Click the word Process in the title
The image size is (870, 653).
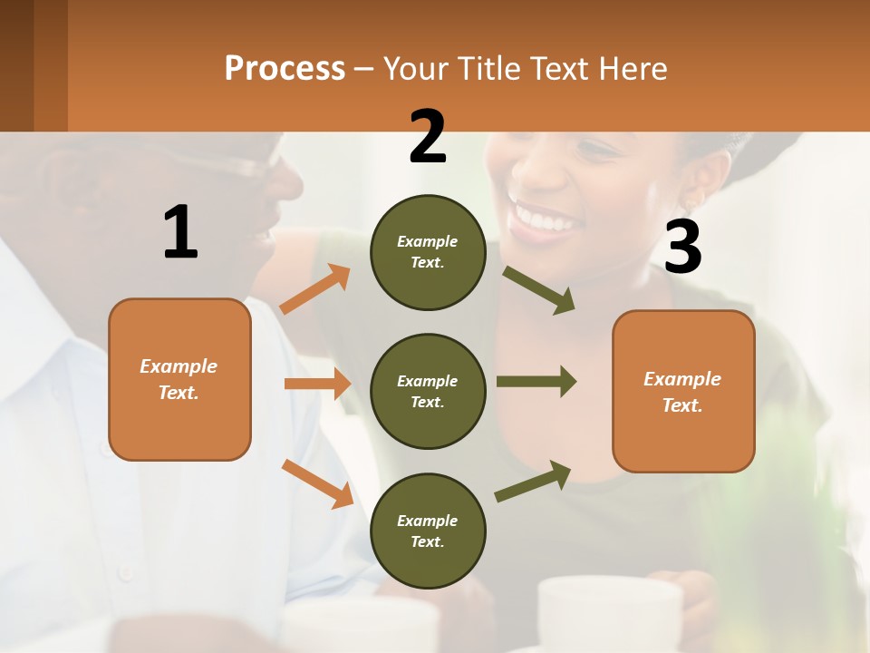285,69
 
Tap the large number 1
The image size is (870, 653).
180,232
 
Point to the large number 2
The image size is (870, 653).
428,137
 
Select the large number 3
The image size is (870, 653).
682,247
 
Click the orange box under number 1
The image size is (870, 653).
179,379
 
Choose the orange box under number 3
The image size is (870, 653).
683,391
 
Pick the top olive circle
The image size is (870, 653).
428,252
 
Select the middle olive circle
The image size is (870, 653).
428,391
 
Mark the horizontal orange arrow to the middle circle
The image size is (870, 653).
317,384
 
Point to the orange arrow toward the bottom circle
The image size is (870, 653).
317,482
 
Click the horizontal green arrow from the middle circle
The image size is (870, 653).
536,381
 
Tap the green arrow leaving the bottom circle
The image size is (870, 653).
533,481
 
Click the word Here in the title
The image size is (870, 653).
632,69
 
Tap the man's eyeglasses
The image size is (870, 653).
227,164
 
